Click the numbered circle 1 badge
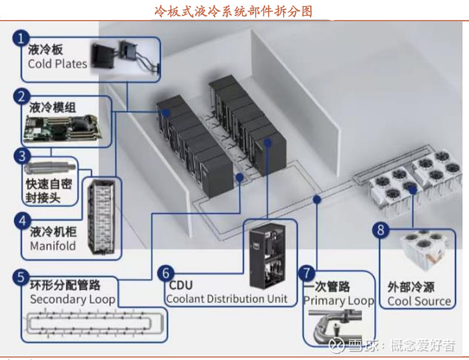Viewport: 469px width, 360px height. click(21, 39)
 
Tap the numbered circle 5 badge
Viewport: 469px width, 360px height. click(21, 276)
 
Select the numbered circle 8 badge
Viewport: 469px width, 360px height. click(382, 229)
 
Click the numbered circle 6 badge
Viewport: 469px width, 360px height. click(166, 273)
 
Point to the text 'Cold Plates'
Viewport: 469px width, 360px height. click(57, 64)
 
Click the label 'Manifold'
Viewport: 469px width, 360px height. click(53, 246)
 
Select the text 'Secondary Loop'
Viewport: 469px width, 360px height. click(73, 298)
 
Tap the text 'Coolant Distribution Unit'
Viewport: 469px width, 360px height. click(227, 299)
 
